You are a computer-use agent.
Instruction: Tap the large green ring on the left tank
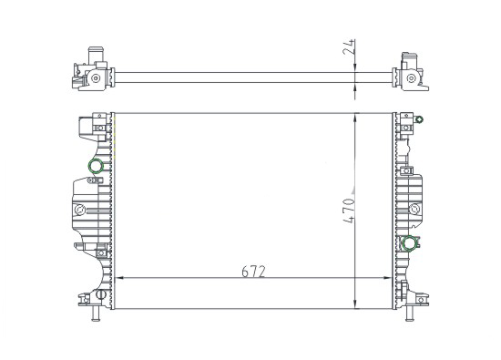[95, 166]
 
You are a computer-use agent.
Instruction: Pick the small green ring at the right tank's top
[419, 119]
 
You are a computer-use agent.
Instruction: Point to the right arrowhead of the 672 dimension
[393, 276]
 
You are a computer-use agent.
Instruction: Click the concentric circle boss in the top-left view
[94, 80]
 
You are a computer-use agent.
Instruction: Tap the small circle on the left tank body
[79, 211]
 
